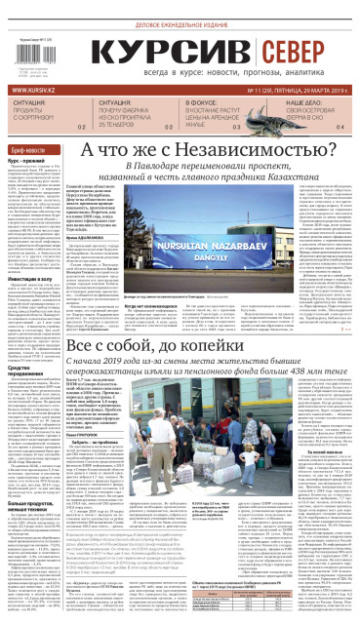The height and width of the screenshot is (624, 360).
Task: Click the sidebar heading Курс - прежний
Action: click(26, 159)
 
